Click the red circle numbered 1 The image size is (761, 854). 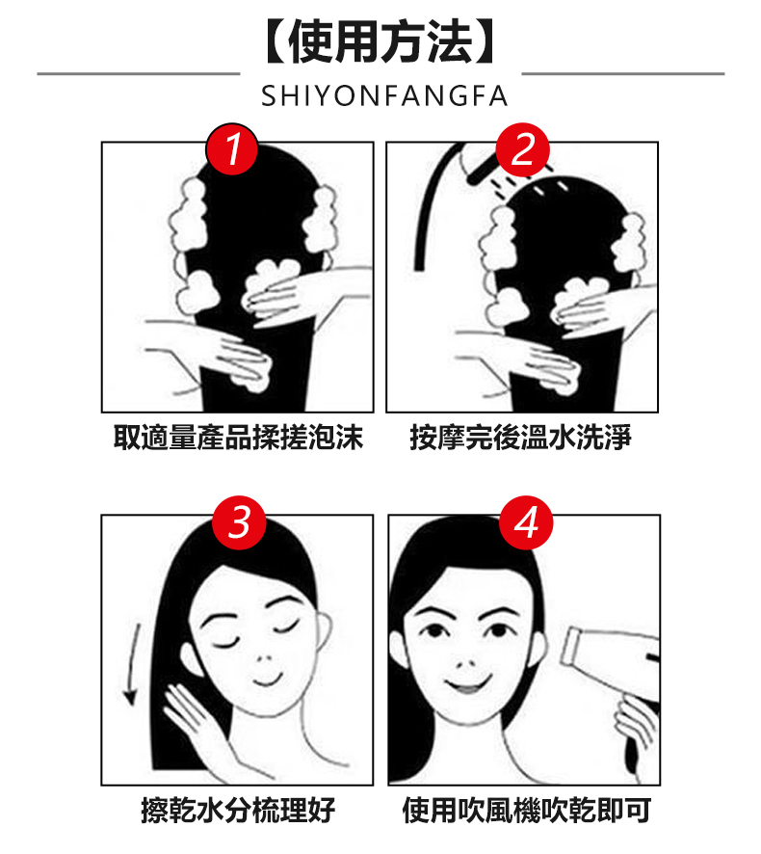pyautogui.click(x=232, y=148)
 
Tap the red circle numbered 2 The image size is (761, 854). pyautogui.click(x=522, y=149)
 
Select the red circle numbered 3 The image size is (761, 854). pyautogui.click(x=239, y=522)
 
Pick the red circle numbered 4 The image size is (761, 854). pyautogui.click(x=526, y=522)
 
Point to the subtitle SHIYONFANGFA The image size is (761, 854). pyautogui.click(x=384, y=96)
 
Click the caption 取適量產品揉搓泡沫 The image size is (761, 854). pyautogui.click(x=238, y=437)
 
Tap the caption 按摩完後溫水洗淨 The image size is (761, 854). pyautogui.click(x=521, y=437)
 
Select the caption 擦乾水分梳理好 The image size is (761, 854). pyautogui.click(x=238, y=810)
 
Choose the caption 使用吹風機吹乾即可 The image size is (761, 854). pyautogui.click(x=526, y=810)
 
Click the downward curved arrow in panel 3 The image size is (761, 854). pyautogui.click(x=131, y=664)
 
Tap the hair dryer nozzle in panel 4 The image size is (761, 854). pyautogui.click(x=571, y=646)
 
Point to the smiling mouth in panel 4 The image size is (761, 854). pyautogui.click(x=467, y=684)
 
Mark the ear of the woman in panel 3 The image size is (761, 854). pyautogui.click(x=323, y=630)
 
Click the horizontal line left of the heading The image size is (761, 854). pyautogui.click(x=139, y=73)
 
